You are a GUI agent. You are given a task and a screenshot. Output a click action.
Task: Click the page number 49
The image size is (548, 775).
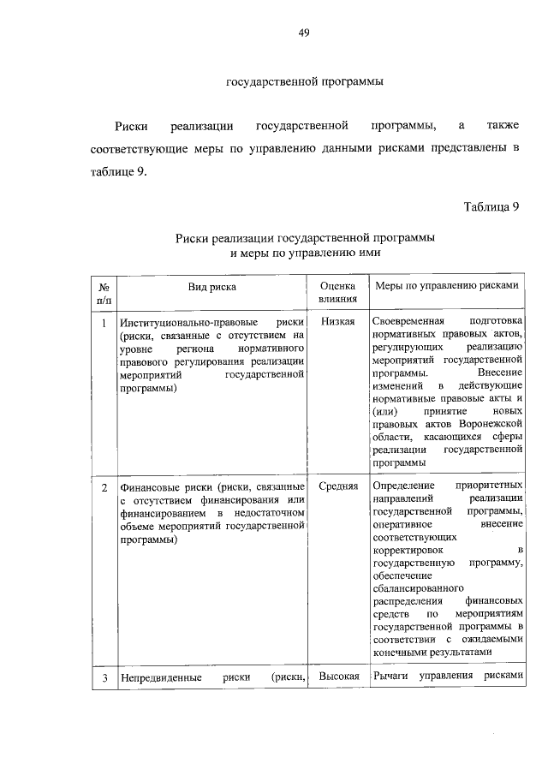[x=302, y=33]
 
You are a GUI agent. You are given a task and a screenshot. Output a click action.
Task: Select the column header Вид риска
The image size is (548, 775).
[x=212, y=288]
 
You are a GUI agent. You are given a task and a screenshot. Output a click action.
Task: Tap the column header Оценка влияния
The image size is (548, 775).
[x=338, y=294]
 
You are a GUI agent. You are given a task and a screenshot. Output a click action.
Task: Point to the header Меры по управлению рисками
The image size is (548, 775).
[x=446, y=287]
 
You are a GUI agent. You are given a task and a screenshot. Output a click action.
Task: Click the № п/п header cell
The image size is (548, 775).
[x=103, y=294]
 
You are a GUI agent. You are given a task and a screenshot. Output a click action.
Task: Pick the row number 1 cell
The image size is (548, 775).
[x=103, y=323]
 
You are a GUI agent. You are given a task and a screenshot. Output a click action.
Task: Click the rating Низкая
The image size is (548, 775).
[x=338, y=322]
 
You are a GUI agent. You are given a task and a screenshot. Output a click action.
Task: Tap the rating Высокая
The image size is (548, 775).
[x=338, y=677]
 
